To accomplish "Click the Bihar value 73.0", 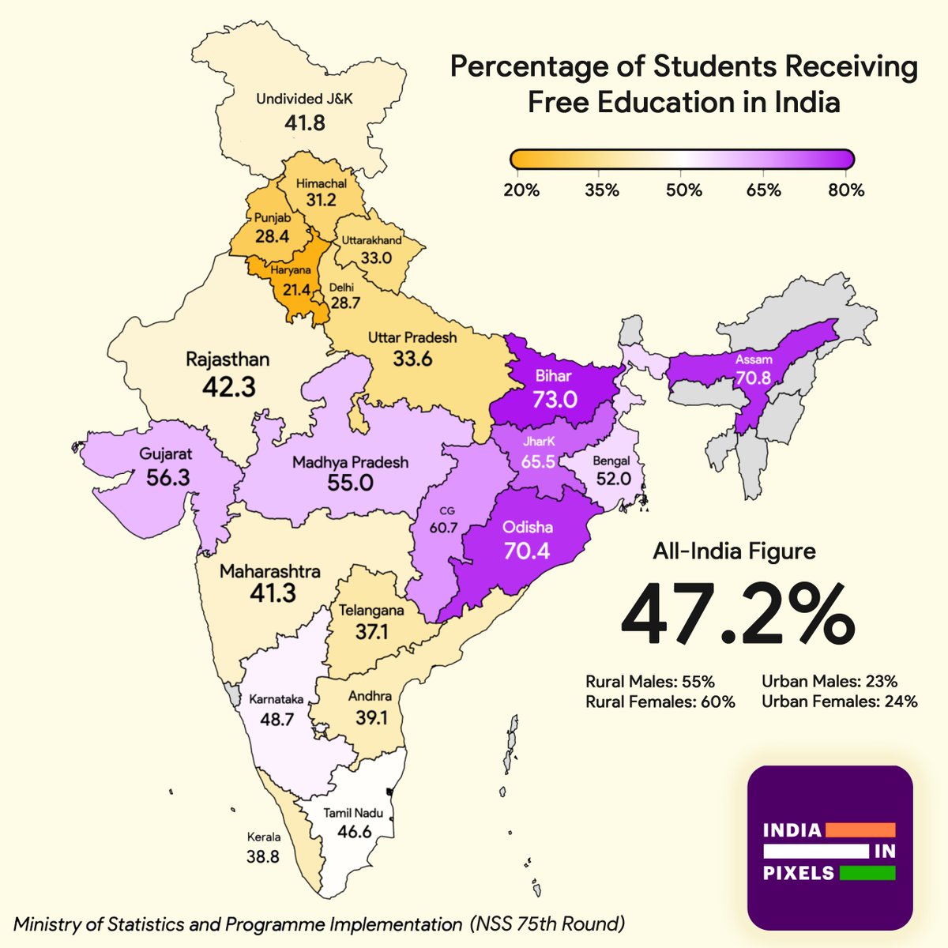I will tap(554, 399).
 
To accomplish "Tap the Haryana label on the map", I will tap(289, 270).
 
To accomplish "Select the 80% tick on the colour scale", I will tap(847, 190).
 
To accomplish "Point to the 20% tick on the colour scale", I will tap(521, 190).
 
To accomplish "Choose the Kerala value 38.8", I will tap(263, 856).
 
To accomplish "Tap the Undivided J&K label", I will tap(303, 100).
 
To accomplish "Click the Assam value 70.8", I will tap(753, 378).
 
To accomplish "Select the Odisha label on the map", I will tap(527, 527).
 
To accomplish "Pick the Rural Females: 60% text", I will tap(660, 702).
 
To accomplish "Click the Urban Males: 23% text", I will tap(829, 681).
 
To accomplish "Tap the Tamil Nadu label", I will tap(353, 814).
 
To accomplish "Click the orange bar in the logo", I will tap(860, 830).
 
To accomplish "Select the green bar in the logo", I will tap(867, 873).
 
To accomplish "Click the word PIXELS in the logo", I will tap(798, 873).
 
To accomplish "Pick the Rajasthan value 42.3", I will tap(228, 386).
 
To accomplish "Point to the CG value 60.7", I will tap(443, 527).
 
